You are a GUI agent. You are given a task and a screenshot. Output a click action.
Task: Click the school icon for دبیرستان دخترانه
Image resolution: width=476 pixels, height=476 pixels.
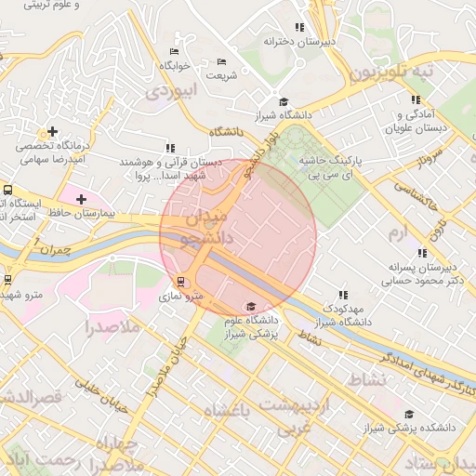(298, 28)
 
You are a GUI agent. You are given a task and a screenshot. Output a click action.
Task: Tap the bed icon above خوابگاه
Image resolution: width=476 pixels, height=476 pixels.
(173, 51)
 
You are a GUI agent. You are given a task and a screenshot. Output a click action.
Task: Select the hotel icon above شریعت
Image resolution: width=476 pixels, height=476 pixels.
(220, 62)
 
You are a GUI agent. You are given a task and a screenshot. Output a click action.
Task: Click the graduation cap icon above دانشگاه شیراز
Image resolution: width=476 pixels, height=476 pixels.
(283, 102)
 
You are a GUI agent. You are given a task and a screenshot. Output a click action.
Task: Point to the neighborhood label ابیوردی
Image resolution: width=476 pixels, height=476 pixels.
(173, 91)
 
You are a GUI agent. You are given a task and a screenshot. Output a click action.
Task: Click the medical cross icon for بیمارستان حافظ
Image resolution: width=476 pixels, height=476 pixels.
(82, 198)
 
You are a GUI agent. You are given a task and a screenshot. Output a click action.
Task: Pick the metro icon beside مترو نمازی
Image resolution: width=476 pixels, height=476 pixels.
(179, 282)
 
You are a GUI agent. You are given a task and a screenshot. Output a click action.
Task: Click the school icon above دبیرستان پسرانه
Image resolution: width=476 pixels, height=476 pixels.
(423, 252)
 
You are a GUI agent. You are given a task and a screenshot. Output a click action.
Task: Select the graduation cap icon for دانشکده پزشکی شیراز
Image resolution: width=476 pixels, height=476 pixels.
(408, 415)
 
